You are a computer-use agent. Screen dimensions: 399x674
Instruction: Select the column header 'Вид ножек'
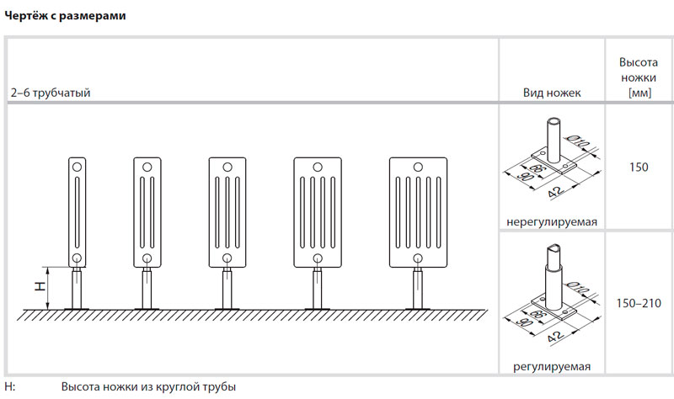point(553,93)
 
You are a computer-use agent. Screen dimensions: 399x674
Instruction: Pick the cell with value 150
point(638,168)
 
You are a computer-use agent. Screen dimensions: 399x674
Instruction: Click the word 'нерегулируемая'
point(552,222)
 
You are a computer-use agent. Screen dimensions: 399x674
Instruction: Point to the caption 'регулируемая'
point(552,367)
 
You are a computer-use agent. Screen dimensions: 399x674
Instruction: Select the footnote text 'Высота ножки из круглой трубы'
point(148,387)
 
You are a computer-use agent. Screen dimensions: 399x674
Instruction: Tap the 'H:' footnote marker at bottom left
point(10,387)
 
